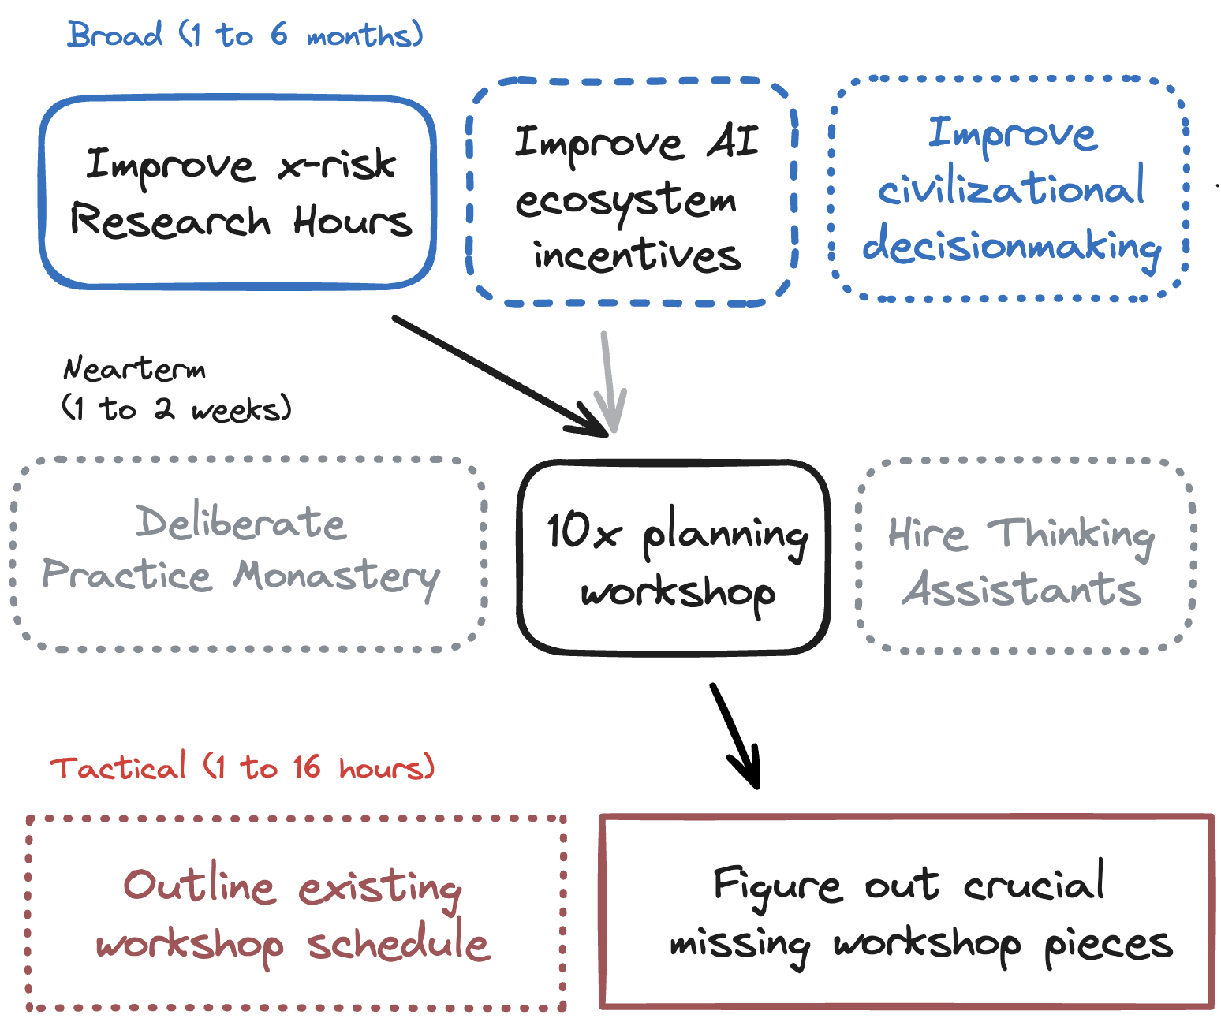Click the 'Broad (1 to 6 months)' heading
[x=245, y=35]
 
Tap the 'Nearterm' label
[x=134, y=369]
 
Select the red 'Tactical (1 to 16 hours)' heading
[x=241, y=767]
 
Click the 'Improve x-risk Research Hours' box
[x=238, y=192]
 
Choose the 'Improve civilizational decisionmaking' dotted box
[x=1009, y=189]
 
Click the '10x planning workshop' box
[x=674, y=558]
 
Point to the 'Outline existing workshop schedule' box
[x=296, y=912]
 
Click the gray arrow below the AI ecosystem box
[x=607, y=382]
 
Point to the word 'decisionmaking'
[x=1011, y=247]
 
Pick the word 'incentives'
[x=637, y=255]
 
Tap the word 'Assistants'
[x=1022, y=590]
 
